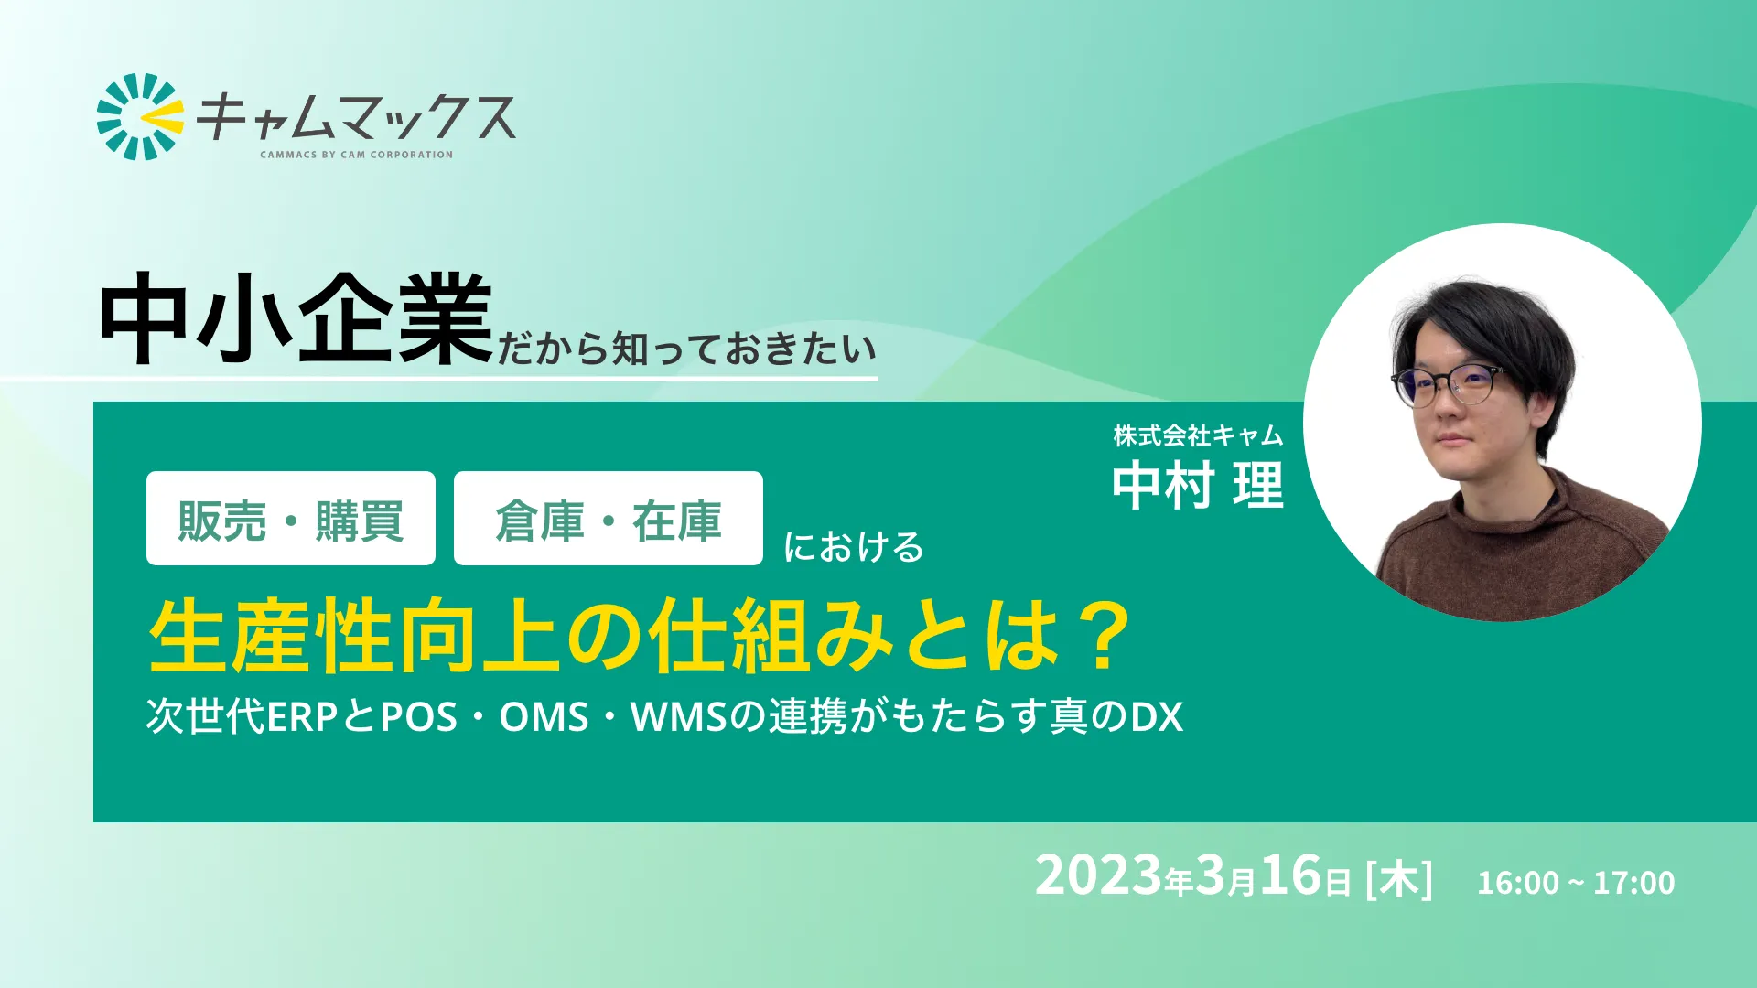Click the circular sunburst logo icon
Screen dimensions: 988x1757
click(x=139, y=116)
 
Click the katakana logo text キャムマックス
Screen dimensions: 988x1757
click(x=356, y=117)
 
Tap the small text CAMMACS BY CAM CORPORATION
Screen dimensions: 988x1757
click(x=356, y=155)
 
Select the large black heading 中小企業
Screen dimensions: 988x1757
click(x=296, y=319)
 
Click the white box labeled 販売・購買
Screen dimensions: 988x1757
click(x=291, y=519)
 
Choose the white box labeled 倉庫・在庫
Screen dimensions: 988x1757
click(x=608, y=519)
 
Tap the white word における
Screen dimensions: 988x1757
click(x=853, y=547)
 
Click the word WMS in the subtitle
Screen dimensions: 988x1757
click(x=678, y=717)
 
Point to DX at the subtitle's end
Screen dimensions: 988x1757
click(x=1157, y=717)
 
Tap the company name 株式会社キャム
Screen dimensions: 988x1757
click(x=1198, y=435)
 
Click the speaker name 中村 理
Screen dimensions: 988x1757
click(x=1198, y=485)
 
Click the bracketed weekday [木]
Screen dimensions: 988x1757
click(x=1398, y=879)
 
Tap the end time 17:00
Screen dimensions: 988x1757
click(x=1633, y=883)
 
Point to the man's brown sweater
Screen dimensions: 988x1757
click(x=1510, y=558)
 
